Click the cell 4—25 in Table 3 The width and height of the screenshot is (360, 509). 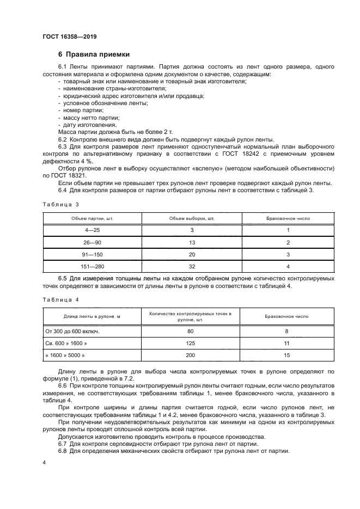pos(92,230)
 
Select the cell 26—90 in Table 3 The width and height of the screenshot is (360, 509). pos(92,242)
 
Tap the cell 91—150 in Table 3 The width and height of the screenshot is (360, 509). pos(92,254)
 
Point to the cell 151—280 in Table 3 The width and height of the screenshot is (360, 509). pos(92,266)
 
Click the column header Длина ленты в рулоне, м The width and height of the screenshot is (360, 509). pos(92,316)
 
